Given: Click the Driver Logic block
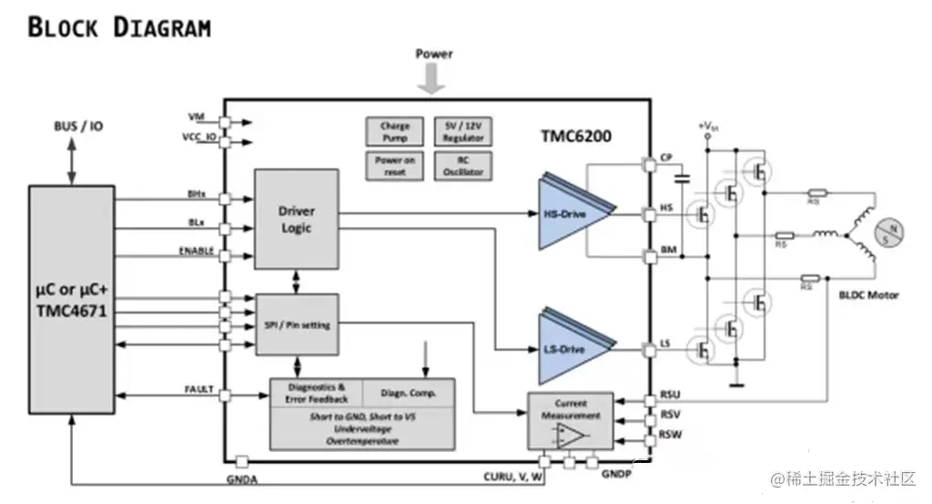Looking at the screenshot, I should coord(297,219).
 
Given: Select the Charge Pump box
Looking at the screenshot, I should coord(395,131).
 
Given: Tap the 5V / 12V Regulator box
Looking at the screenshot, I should coord(464,131).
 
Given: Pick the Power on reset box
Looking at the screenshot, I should coord(395,165).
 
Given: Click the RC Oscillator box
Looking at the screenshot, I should coord(464,165).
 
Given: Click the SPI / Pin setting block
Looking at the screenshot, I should coord(297,325).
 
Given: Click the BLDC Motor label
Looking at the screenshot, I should coord(868,294).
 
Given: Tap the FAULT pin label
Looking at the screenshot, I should coord(199,389).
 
